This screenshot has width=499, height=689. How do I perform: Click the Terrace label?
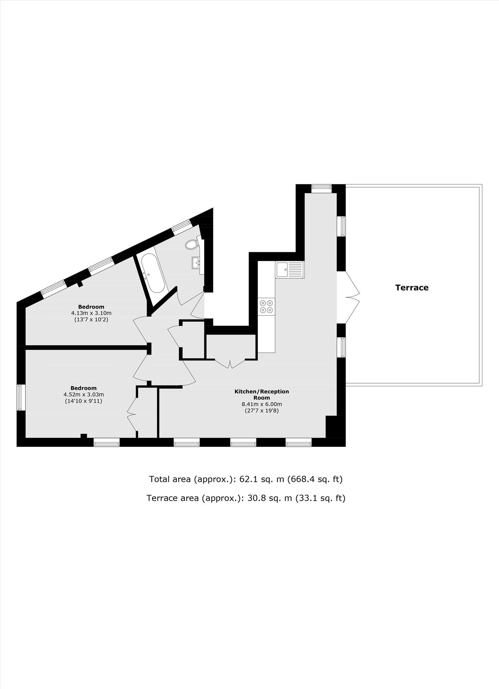pos(411,287)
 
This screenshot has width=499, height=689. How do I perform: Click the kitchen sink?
pos(289,270)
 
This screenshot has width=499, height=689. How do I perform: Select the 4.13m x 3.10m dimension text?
pos(91,313)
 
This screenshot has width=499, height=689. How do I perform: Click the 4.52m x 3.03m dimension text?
pos(83,394)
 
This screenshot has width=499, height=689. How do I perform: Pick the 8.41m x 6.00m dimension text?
pos(262,404)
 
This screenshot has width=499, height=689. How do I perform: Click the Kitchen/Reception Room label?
pos(262,394)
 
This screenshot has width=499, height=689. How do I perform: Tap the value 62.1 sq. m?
pos(262,479)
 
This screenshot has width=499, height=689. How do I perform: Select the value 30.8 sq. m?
pos(270,498)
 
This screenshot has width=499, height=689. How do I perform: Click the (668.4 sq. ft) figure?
pos(315,479)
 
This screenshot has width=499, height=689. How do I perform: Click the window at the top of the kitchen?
pos(321,188)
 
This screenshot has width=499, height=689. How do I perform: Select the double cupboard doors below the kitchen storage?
pos(230,364)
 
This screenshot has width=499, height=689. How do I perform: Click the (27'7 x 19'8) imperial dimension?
pos(262,411)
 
